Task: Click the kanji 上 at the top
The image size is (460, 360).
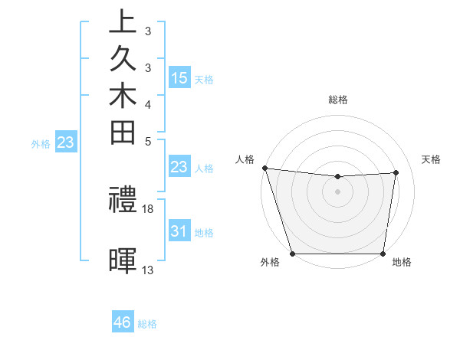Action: tap(123, 21)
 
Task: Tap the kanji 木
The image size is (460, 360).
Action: tap(123, 97)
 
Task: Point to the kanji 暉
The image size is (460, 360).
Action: tap(123, 260)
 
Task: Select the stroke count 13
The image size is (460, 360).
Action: tap(148, 270)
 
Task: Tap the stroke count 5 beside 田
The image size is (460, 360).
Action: tap(148, 141)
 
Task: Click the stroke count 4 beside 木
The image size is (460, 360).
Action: tap(148, 103)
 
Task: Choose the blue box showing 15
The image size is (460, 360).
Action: tap(179, 77)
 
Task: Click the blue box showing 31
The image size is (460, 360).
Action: tap(179, 231)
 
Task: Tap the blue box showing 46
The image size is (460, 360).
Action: tap(123, 322)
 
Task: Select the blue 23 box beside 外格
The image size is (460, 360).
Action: tap(66, 142)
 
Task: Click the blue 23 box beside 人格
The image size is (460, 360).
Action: tap(179, 168)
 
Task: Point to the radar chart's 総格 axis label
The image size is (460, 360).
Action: tap(338, 100)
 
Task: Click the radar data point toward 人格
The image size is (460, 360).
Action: tap(264, 168)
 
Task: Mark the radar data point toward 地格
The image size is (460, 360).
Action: tap(383, 254)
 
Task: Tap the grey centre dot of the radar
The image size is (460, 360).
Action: tap(338, 191)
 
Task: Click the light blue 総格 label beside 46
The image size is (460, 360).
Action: tap(147, 324)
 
